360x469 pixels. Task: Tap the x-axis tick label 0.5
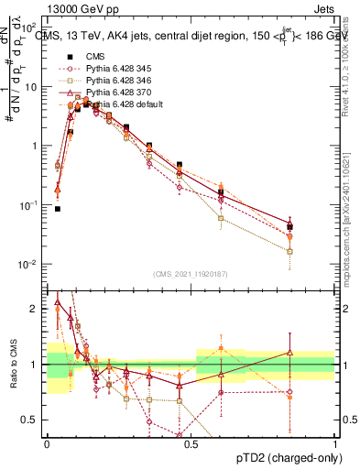191,442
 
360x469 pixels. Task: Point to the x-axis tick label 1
335,442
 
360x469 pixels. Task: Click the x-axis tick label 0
47,442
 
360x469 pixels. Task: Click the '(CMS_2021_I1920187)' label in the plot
191,274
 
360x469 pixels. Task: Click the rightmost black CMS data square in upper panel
289,226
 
